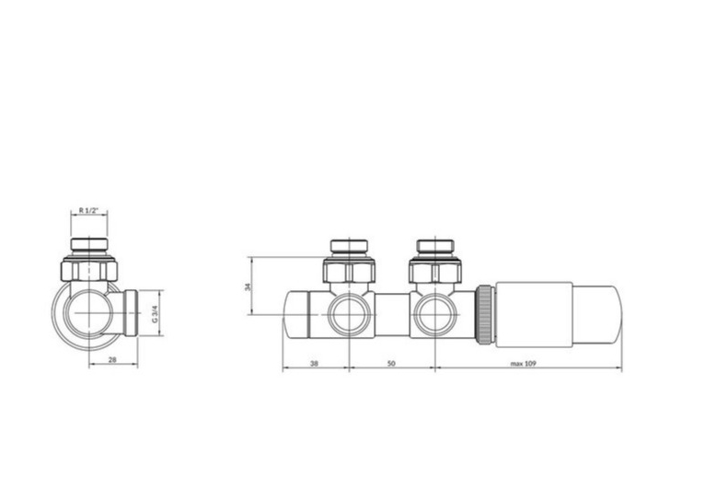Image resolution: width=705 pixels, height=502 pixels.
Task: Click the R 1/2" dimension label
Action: pyautogui.click(x=88, y=211)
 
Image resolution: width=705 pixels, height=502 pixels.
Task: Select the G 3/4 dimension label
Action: pyautogui.click(x=155, y=314)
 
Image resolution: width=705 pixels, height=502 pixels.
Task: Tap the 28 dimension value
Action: pyautogui.click(x=112, y=360)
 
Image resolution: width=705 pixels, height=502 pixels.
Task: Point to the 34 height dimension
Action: pyautogui.click(x=248, y=286)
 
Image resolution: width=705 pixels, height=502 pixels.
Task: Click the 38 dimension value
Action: pyautogui.click(x=314, y=364)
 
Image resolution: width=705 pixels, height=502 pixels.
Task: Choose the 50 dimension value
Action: pyautogui.click(x=391, y=364)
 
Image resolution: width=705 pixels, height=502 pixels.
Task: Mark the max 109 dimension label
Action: pyautogui.click(x=524, y=364)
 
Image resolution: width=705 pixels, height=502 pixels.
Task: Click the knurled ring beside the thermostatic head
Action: pyautogui.click(x=485, y=314)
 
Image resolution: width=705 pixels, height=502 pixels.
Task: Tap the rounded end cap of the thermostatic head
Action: pyautogui.click(x=597, y=314)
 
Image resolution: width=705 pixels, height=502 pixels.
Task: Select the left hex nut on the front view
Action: pyautogui.click(x=349, y=271)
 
